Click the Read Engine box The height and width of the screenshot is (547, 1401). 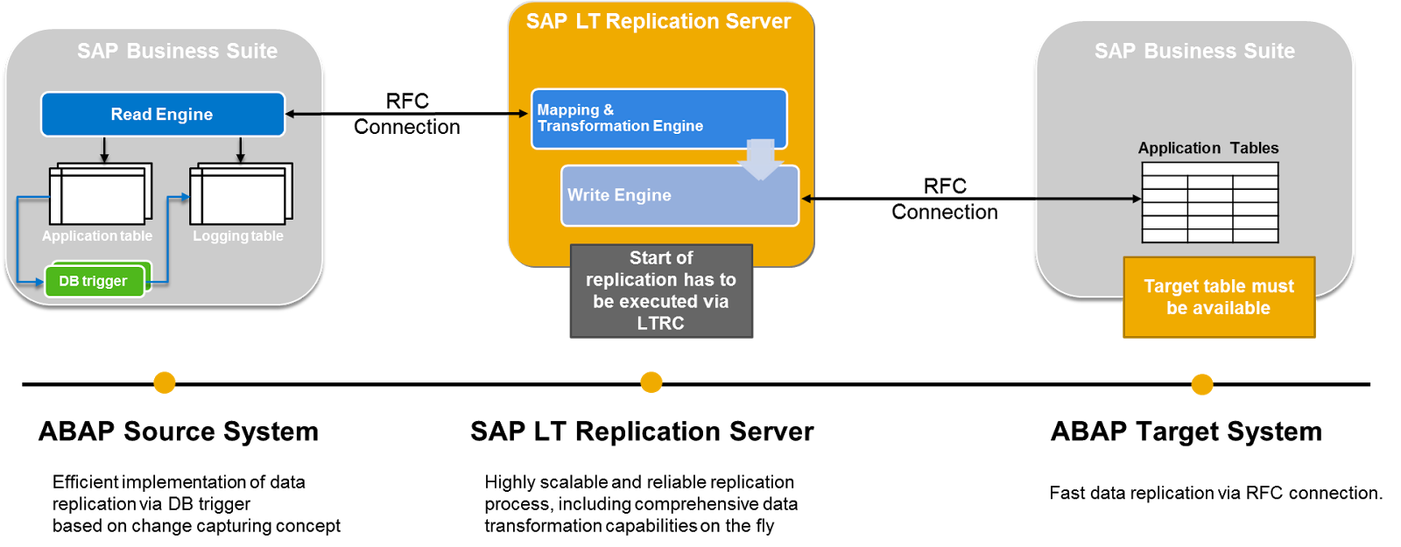[162, 115]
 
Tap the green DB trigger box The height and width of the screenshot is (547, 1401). [94, 281]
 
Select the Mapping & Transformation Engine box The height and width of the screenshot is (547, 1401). [658, 118]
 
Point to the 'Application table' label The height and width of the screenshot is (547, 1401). [97, 236]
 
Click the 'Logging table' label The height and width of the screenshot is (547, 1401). [238, 236]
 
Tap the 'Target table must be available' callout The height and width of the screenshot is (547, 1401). [1219, 298]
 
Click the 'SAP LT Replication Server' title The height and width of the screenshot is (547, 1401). [658, 22]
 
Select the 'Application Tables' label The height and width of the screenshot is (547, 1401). [1208, 148]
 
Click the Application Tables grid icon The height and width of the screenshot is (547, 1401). [1210, 203]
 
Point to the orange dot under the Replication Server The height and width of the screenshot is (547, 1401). [651, 382]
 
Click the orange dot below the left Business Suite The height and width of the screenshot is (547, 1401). [165, 383]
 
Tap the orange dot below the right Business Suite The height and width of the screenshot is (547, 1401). [1202, 385]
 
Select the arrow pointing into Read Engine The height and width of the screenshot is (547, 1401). [304, 114]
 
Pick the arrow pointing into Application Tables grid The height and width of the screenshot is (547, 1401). [1088, 199]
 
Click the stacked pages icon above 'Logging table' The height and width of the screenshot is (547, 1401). [242, 193]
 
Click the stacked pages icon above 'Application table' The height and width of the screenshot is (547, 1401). [101, 193]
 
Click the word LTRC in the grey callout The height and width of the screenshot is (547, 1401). [661, 323]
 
